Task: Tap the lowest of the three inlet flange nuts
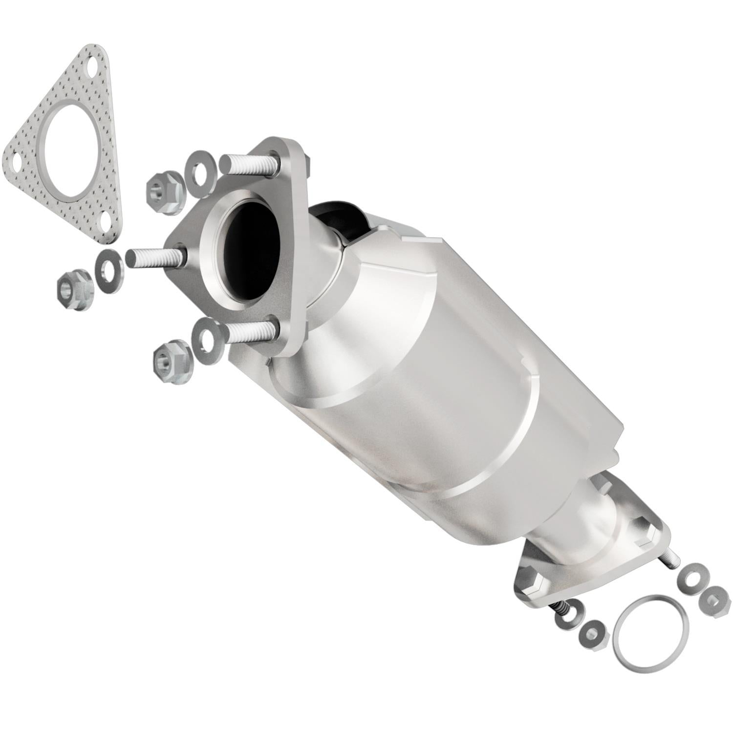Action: pyautogui.click(x=171, y=361)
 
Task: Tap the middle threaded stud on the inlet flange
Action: pyautogui.click(x=154, y=257)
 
